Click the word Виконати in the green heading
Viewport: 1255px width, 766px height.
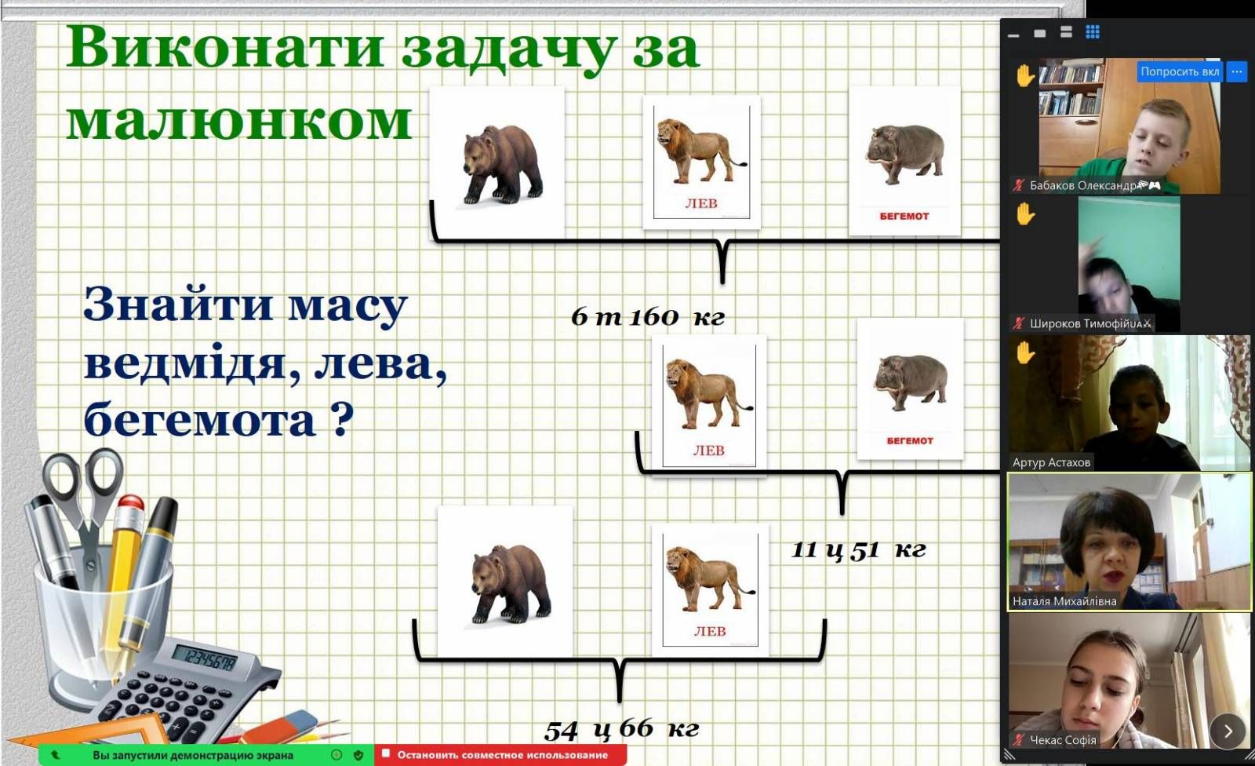point(224,47)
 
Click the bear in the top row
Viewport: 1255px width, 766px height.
point(503,164)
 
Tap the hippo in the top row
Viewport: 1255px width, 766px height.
point(905,154)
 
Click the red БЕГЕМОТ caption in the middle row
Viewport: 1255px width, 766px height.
point(910,441)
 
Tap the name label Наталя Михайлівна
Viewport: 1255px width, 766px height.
point(1064,601)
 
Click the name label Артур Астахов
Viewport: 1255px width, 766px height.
point(1051,462)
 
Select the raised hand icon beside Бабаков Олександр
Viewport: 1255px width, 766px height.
point(1024,75)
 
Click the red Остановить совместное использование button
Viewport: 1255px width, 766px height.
point(500,755)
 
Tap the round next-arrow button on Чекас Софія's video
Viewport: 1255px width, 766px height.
point(1228,731)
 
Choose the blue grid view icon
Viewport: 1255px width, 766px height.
point(1093,32)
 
